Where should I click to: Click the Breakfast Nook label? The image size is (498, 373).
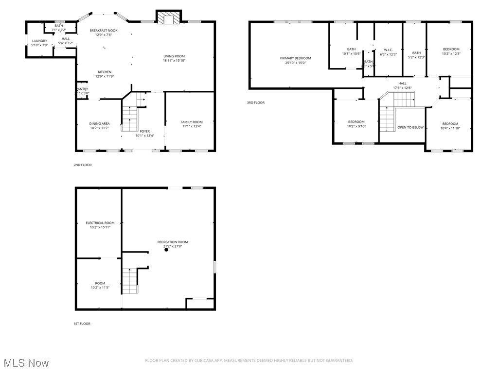coord(104,31)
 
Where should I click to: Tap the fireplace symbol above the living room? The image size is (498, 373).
coord(168,18)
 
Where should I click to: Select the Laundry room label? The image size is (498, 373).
coord(39,41)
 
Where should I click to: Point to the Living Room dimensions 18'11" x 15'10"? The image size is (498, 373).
coord(174,61)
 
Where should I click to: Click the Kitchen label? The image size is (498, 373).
coord(105,72)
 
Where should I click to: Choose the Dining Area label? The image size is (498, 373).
coord(99,124)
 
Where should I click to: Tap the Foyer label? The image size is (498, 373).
coord(145,131)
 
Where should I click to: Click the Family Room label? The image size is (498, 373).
coord(192,122)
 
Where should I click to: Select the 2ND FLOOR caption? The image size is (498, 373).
coord(82,165)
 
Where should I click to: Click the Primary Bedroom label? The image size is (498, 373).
coord(295,58)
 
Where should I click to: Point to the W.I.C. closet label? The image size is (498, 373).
coord(388,50)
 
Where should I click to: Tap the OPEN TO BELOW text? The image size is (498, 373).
coord(410,127)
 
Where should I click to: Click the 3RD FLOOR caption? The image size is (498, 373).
coord(256,102)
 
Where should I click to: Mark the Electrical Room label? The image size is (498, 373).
coord(100,223)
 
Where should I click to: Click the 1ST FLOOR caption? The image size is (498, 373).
coord(82,323)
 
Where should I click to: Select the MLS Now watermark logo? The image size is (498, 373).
coord(26,363)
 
